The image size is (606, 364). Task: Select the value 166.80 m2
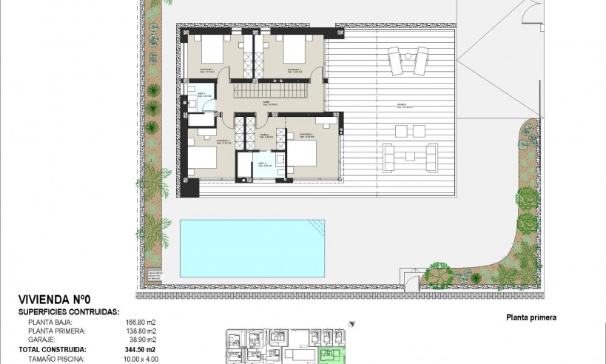[139, 323]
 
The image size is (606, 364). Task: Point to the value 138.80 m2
[139, 331]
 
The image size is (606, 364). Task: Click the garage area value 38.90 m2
[141, 340]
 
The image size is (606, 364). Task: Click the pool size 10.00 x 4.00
[139, 359]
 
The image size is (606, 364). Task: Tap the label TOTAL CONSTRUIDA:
[53, 349]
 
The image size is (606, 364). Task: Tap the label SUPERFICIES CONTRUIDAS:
[69, 313]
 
